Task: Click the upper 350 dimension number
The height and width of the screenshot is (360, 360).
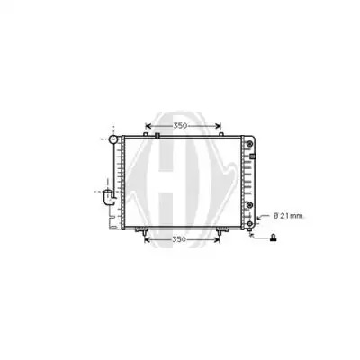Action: point(180,126)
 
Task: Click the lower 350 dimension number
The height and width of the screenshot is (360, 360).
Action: point(180,239)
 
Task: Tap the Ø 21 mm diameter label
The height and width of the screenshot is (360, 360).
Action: point(288,216)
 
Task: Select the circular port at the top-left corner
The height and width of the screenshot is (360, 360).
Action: point(113,139)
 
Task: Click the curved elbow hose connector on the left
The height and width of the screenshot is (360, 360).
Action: point(109,197)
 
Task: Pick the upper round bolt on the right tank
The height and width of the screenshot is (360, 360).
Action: point(249,144)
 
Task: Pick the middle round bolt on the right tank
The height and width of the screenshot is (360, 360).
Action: point(249,205)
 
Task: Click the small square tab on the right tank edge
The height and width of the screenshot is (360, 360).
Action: point(253,157)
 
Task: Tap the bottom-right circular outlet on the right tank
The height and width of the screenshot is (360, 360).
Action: point(250,224)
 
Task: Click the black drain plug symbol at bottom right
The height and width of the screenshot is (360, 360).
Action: point(274,238)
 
